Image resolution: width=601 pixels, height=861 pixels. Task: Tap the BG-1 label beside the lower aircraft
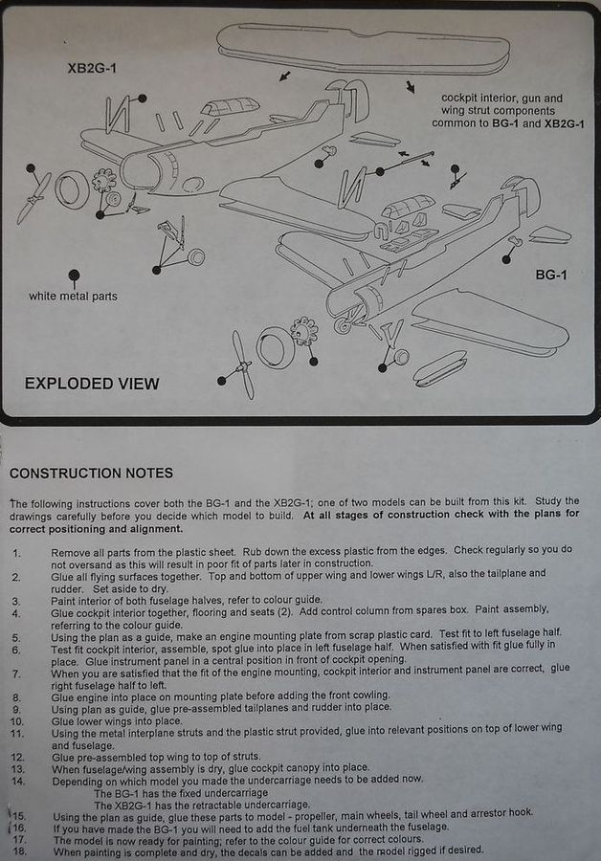click(551, 275)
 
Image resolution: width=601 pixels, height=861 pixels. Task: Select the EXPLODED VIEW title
click(92, 384)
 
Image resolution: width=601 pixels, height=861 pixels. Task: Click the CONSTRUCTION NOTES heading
click(92, 473)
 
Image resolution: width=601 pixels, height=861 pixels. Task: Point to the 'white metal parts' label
click(73, 296)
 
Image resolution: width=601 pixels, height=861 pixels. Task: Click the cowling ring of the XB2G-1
click(71, 188)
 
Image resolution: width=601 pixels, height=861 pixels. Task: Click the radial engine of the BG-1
click(304, 334)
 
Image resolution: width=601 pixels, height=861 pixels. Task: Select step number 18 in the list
click(19, 850)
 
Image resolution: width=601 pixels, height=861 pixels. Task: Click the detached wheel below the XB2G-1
click(195, 257)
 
